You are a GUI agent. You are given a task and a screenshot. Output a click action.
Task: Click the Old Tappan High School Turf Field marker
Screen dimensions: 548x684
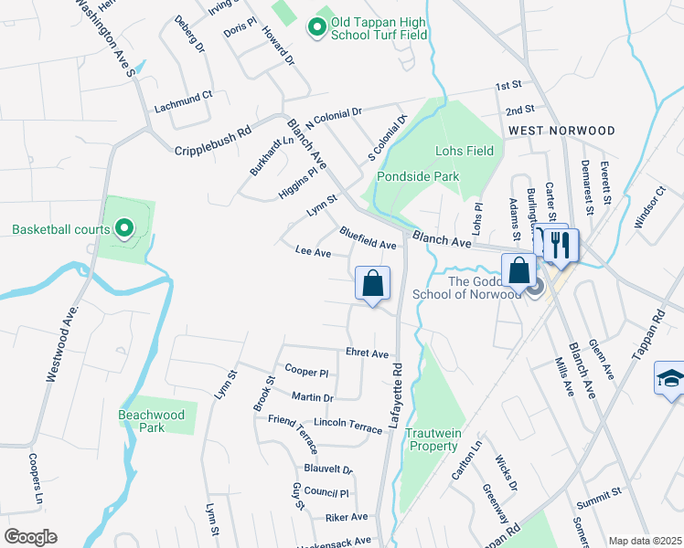[317, 28]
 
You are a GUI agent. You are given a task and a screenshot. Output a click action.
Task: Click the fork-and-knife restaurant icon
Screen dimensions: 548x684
[560, 245]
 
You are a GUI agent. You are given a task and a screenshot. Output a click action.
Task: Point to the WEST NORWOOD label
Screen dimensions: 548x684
[561, 132]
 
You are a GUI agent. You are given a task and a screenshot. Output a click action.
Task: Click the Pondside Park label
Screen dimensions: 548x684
[421, 176]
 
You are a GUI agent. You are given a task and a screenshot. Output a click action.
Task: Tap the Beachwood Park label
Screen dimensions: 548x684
[152, 421]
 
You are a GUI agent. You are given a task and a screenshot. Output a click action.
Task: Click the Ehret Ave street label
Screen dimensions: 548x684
[368, 353]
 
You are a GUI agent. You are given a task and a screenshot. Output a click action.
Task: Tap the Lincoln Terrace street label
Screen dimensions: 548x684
[348, 426]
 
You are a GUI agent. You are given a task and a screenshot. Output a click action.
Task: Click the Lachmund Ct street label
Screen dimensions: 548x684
[183, 94]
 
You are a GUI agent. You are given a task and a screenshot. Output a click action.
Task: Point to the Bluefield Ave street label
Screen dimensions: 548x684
[368, 239]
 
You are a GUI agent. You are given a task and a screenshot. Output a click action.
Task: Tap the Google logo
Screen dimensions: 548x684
[30, 537]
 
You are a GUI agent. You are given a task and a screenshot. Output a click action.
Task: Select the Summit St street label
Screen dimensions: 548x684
[598, 491]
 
